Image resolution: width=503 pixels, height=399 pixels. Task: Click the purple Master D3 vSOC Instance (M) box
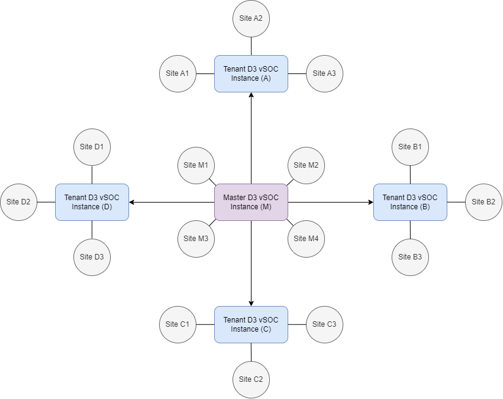click(x=251, y=202)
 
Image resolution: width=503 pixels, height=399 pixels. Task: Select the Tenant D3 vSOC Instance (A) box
click(x=251, y=73)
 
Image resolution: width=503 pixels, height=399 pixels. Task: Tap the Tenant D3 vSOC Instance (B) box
click(x=410, y=202)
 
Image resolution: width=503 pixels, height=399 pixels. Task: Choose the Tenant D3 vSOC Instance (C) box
click(x=251, y=324)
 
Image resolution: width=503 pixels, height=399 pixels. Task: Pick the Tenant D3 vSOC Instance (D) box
click(x=92, y=202)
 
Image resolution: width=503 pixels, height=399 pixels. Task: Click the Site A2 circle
click(x=251, y=18)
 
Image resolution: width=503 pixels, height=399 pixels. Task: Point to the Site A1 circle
click(x=177, y=73)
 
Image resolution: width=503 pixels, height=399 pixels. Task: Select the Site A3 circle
click(x=324, y=73)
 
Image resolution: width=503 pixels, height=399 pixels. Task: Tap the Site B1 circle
click(x=410, y=147)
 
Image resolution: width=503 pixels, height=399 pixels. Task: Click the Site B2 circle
click(x=483, y=202)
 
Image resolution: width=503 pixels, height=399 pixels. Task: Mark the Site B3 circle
click(x=410, y=257)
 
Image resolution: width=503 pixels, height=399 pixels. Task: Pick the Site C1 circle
click(x=177, y=324)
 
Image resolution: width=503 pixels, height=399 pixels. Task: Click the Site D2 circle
click(x=19, y=202)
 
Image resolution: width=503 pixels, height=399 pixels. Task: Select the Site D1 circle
click(x=92, y=147)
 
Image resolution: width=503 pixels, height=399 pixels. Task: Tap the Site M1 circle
click(x=196, y=165)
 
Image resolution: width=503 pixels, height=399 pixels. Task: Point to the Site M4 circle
click(x=306, y=239)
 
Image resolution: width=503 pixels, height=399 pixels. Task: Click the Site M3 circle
click(x=196, y=239)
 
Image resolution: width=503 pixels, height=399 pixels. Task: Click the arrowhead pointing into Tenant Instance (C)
click(x=251, y=302)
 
